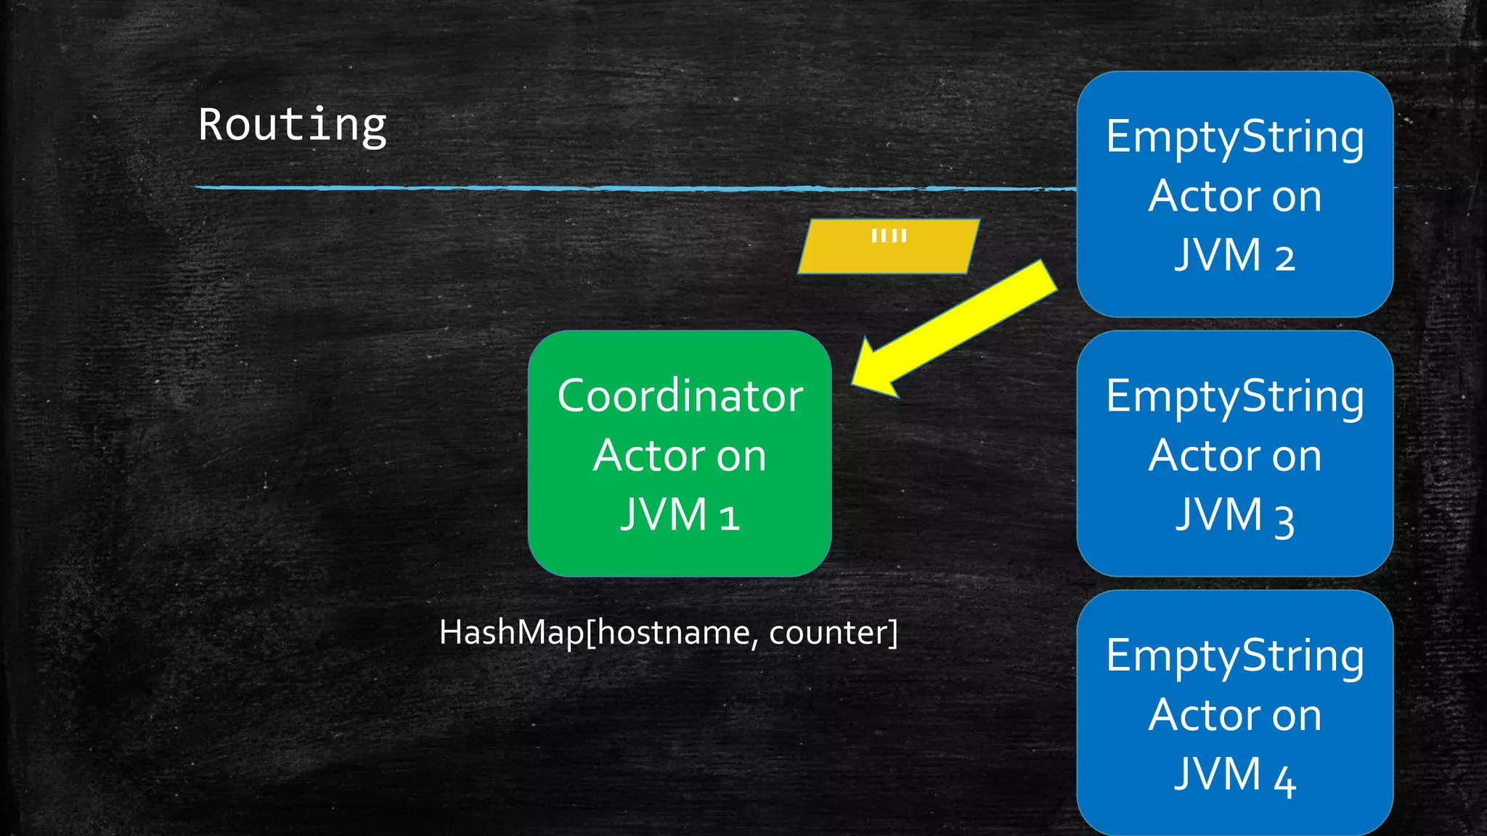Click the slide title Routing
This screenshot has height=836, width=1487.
click(x=292, y=126)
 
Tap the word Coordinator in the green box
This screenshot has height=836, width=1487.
click(x=680, y=396)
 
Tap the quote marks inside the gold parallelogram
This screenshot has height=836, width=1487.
click(x=889, y=236)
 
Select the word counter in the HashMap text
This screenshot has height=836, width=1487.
click(x=826, y=633)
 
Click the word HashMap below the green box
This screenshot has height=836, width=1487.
click(x=511, y=633)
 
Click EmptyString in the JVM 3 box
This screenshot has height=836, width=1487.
click(x=1234, y=397)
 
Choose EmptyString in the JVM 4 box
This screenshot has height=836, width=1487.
click(x=1234, y=656)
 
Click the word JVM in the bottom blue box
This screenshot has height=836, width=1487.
click(x=1218, y=774)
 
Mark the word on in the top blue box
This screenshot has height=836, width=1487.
click(x=1296, y=197)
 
